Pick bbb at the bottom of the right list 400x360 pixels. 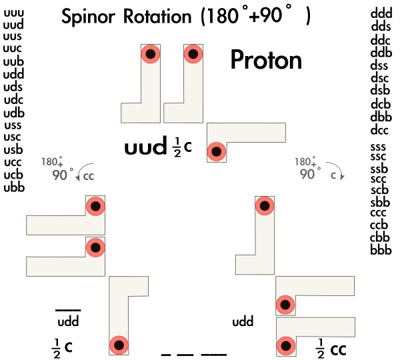pyautogui.click(x=380, y=250)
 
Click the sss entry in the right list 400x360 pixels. pyautogui.click(x=379, y=147)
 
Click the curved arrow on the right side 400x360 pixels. pyautogui.click(x=336, y=173)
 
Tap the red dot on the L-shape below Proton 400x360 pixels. pyautogui.click(x=216, y=151)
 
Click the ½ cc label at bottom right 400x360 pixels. pyautogui.click(x=331, y=348)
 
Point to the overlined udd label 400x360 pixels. pyautogui.click(x=69, y=322)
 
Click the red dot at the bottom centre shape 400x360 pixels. pyautogui.click(x=119, y=345)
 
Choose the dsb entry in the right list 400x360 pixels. pyautogui.click(x=380, y=91)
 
